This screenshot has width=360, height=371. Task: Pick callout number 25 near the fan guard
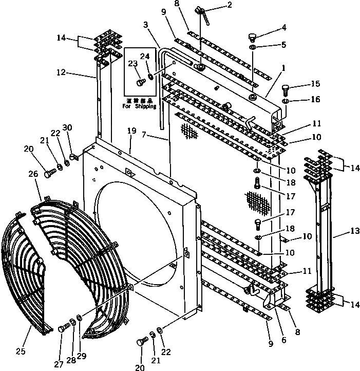(20, 351)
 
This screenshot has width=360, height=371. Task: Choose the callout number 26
(33, 174)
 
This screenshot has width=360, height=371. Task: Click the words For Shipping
(141, 107)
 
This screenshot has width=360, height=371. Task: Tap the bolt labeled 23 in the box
(140, 82)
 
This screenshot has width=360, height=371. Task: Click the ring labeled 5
(253, 48)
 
